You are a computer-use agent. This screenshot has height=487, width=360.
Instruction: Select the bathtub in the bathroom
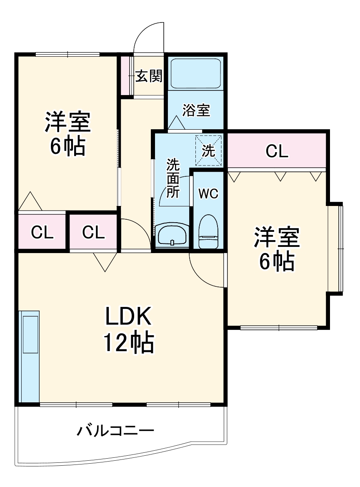[x=195, y=73]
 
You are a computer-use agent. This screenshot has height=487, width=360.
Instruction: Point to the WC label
[x=207, y=193]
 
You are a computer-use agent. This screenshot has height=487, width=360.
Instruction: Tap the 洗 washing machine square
[x=208, y=151]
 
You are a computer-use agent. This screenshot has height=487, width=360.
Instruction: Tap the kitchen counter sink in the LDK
[x=30, y=334]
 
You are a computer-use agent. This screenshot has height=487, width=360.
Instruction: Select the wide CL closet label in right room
[x=277, y=152]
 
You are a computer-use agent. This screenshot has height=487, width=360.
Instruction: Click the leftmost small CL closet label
[x=42, y=232]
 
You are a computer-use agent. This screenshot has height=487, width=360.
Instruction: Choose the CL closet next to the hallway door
[x=93, y=232]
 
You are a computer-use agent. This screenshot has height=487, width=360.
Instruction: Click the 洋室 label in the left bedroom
[x=67, y=121]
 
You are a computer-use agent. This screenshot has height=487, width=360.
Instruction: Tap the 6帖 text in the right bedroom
[x=277, y=261]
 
